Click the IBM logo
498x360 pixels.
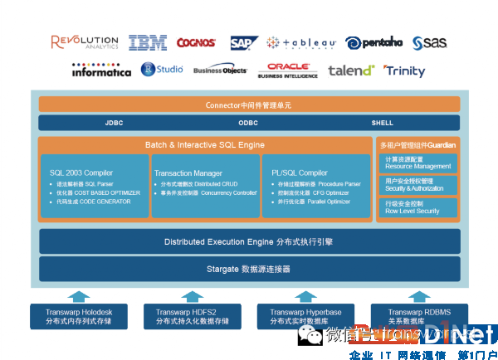148,42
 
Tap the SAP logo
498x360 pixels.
244,42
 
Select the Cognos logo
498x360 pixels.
196,42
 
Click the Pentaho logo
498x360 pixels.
374,42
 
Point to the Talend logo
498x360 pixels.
351,71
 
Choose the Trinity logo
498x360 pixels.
404,71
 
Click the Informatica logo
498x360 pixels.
101,71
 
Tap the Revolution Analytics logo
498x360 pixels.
84,42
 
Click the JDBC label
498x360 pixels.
114,123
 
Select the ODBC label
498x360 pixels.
248,123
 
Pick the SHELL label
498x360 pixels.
382,123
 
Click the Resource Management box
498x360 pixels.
418,162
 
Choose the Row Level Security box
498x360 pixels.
418,207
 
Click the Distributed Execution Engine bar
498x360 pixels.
249,241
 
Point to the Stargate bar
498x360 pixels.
249,269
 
